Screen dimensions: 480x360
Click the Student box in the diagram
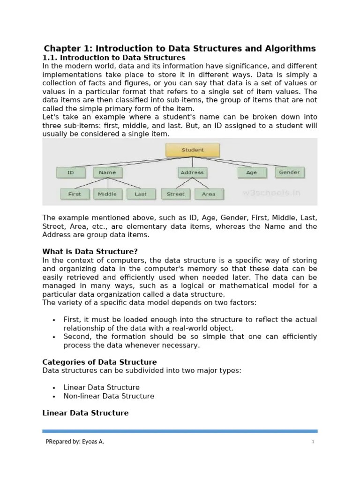[192, 150]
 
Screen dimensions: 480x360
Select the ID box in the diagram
[71, 172]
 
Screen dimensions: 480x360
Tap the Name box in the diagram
[107, 172]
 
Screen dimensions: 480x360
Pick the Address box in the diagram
[192, 172]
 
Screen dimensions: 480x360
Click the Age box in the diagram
[251, 172]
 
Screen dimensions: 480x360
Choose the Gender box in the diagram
[289, 172]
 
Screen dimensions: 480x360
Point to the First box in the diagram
[75, 194]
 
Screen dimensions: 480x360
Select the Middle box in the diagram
[107, 194]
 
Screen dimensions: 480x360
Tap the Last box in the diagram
[140, 194]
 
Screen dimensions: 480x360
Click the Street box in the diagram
[176, 194]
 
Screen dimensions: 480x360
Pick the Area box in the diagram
[209, 194]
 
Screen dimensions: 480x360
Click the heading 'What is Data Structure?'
[90, 252]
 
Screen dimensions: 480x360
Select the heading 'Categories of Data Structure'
[99, 362]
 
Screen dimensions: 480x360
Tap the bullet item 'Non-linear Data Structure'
[109, 396]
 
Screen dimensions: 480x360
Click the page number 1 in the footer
[313, 442]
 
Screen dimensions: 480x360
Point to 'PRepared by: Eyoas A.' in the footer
[75, 442]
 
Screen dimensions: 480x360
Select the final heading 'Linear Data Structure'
[85, 413]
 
